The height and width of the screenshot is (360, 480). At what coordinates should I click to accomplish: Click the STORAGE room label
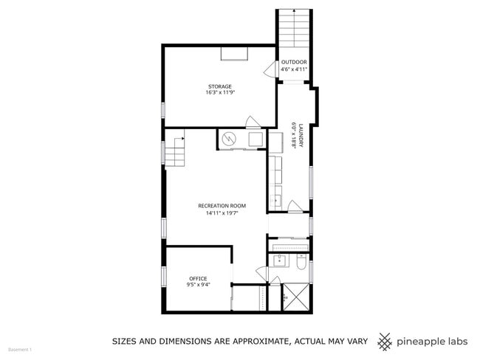(x=219, y=86)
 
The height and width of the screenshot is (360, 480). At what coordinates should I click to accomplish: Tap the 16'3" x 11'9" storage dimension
(x=219, y=93)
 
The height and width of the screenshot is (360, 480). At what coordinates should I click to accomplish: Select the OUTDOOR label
(x=293, y=62)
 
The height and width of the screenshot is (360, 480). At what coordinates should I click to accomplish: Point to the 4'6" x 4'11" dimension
(x=293, y=69)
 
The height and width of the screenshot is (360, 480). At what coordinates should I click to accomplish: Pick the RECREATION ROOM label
(x=222, y=205)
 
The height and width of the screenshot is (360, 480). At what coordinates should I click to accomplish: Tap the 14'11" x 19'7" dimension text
(x=222, y=212)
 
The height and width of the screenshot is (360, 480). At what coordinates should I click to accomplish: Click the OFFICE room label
(x=197, y=278)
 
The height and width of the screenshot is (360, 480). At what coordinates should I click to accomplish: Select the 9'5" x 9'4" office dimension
(x=197, y=285)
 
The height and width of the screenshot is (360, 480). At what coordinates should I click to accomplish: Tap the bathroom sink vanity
(x=280, y=260)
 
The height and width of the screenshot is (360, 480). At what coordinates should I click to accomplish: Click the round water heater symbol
(x=229, y=138)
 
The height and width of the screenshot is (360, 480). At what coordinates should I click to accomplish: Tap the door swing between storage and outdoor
(x=269, y=70)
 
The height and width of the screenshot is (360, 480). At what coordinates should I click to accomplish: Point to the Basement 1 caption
(x=20, y=349)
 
